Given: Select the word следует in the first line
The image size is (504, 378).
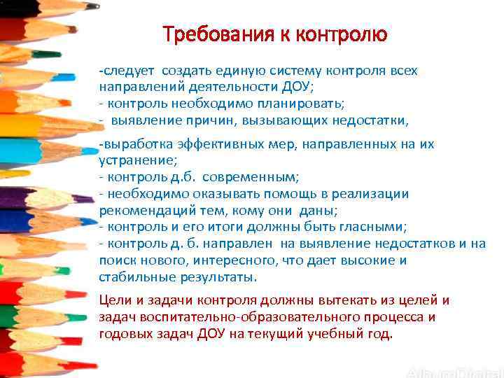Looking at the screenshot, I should click(x=131, y=71).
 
